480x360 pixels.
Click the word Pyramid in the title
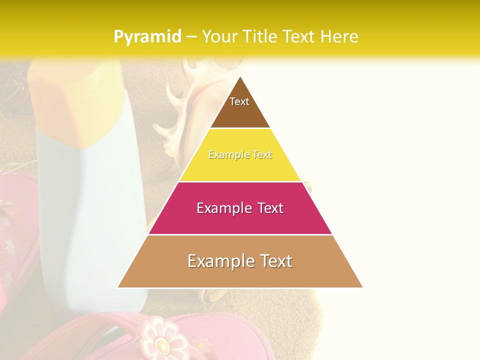point(147,37)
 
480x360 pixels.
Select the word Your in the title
point(219,37)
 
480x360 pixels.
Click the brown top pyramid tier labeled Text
point(239,107)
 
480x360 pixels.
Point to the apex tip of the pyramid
point(240,77)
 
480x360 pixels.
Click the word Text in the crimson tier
point(269,208)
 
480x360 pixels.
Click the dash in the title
point(191,37)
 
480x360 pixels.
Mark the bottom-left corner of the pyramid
point(117,287)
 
